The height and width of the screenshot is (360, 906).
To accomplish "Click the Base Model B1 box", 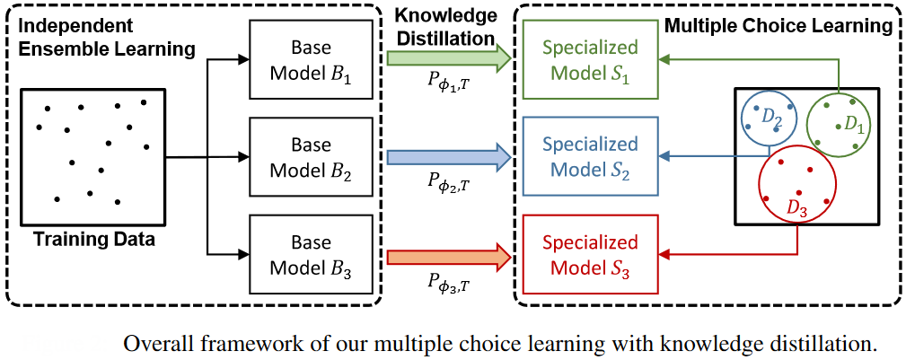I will (311, 58).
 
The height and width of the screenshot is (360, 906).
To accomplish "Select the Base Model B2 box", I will (311, 157).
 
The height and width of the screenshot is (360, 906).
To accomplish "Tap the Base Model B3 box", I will (311, 255).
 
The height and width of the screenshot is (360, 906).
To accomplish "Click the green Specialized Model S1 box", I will (590, 58).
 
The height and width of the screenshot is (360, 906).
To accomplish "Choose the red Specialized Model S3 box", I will (590, 254).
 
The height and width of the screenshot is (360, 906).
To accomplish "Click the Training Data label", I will (94, 240).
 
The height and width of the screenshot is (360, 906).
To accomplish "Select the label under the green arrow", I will (446, 86).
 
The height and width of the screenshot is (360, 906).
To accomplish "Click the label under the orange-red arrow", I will (446, 285).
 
